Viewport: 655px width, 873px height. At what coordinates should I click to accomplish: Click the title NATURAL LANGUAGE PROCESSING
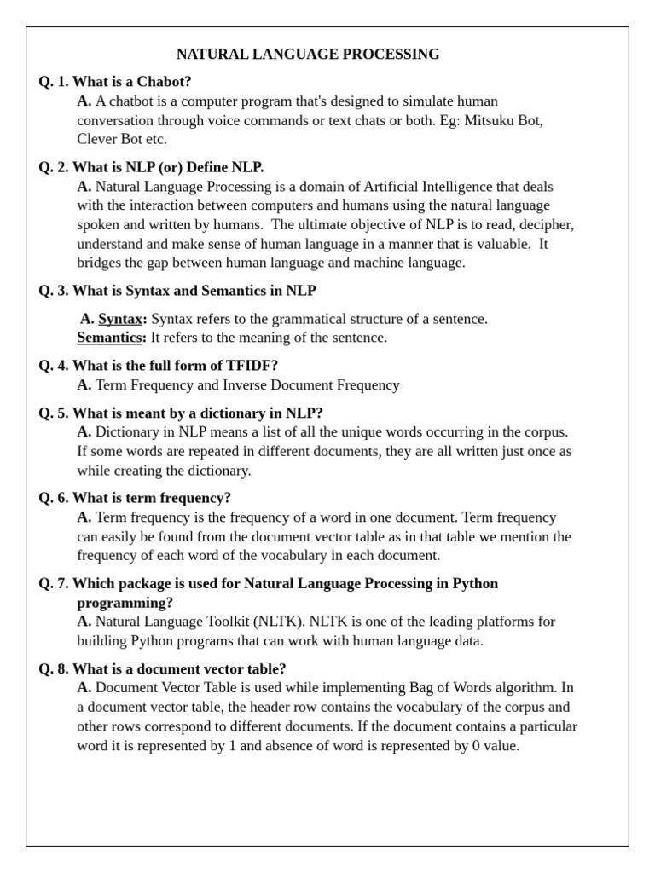pyautogui.click(x=308, y=55)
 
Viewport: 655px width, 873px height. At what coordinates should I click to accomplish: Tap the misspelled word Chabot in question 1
pyautogui.click(x=165, y=82)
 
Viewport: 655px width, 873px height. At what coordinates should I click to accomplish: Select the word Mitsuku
pyautogui.click(x=488, y=120)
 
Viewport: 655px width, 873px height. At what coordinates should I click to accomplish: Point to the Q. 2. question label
pyautogui.click(x=54, y=167)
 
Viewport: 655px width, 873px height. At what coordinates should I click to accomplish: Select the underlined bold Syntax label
pyautogui.click(x=122, y=319)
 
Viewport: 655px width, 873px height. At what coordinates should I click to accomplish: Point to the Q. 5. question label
pyautogui.click(x=54, y=413)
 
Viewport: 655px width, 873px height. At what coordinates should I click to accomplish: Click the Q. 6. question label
pyautogui.click(x=54, y=498)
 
